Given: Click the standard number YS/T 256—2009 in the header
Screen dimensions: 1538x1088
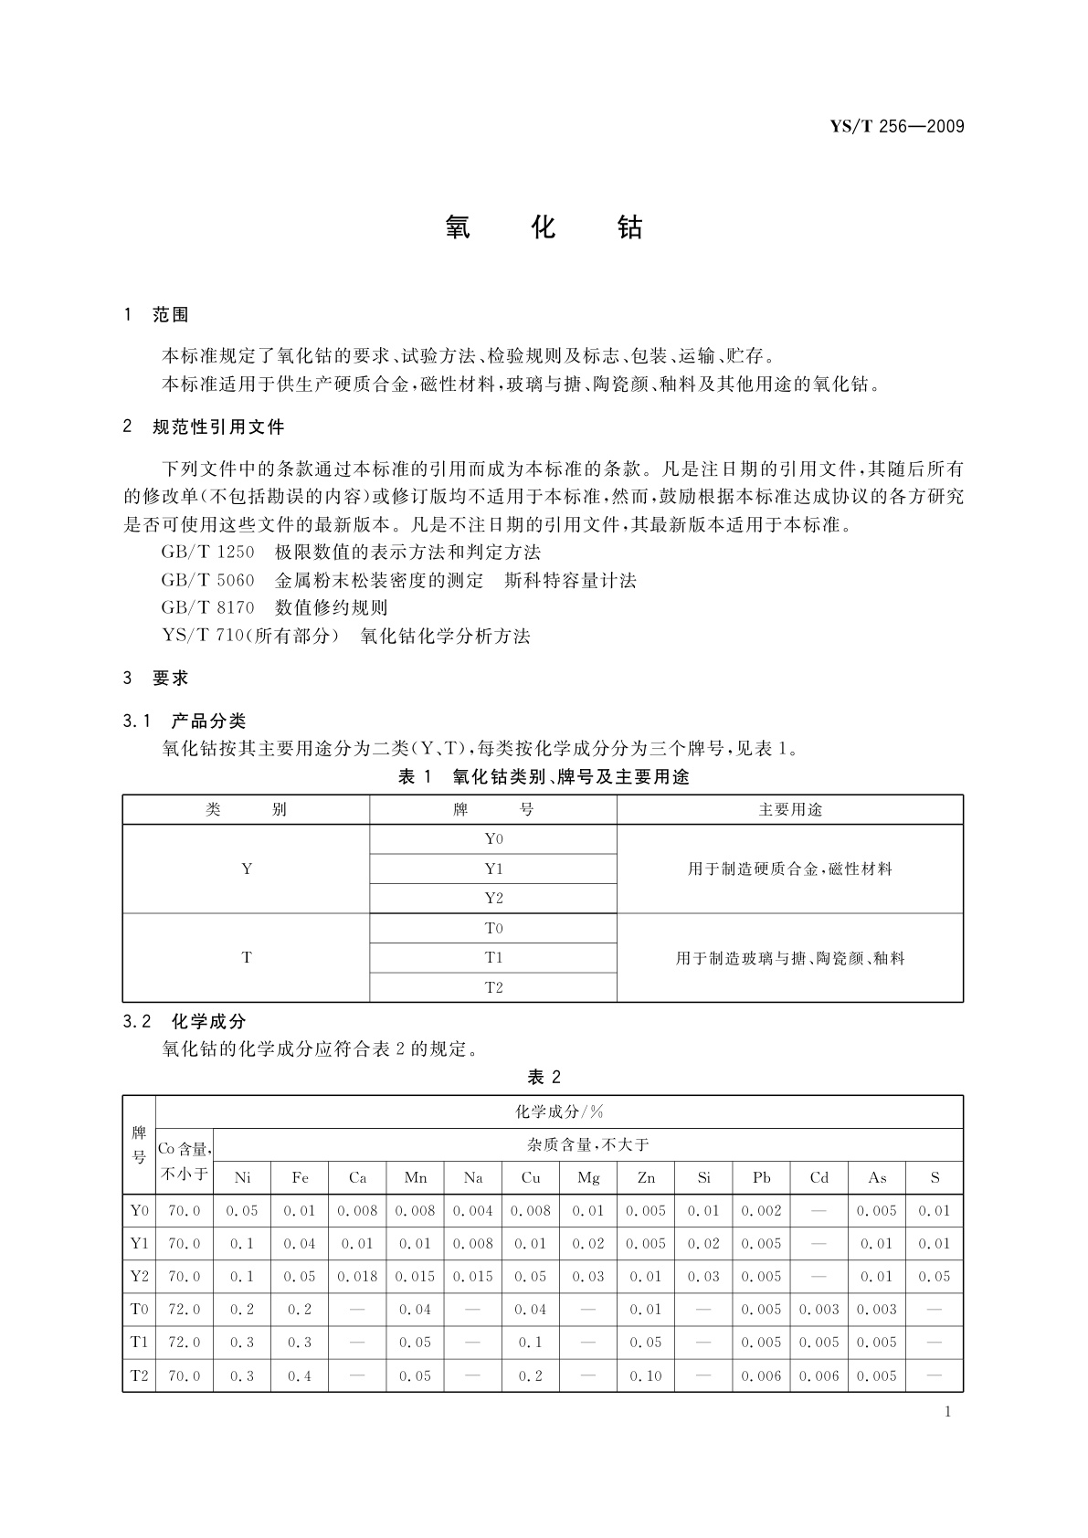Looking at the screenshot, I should pos(897,127).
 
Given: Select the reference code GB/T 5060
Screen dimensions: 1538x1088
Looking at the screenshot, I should pos(207,580).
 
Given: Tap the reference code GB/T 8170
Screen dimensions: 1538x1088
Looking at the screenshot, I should pos(207,607).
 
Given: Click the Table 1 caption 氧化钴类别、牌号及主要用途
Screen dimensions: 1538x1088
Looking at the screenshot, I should pos(543,777).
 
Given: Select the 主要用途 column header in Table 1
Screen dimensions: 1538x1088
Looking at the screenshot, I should pos(790,810).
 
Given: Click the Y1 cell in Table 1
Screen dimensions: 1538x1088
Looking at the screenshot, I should pos(493,869).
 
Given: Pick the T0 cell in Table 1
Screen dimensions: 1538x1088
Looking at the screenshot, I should pos(493,928).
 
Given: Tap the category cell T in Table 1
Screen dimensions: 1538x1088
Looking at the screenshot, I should pos(247,957).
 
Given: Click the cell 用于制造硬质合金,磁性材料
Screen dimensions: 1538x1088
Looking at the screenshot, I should pos(790,869).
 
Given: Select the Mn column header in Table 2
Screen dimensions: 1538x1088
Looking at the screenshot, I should pos(416,1177).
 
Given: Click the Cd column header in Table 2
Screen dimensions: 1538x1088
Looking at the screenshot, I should pos(819,1177).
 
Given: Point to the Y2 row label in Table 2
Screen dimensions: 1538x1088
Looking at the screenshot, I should pos(139,1276).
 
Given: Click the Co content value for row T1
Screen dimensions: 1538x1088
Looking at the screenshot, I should pos(185,1342).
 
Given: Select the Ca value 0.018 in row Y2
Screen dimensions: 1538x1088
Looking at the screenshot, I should pos(357,1276).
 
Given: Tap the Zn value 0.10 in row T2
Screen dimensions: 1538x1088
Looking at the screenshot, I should pos(646,1375).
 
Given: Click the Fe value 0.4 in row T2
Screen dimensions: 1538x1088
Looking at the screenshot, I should pos(300,1375).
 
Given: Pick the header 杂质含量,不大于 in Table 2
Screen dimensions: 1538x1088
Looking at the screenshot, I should pos(587,1144).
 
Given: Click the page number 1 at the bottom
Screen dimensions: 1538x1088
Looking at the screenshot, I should pos(947,1412).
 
